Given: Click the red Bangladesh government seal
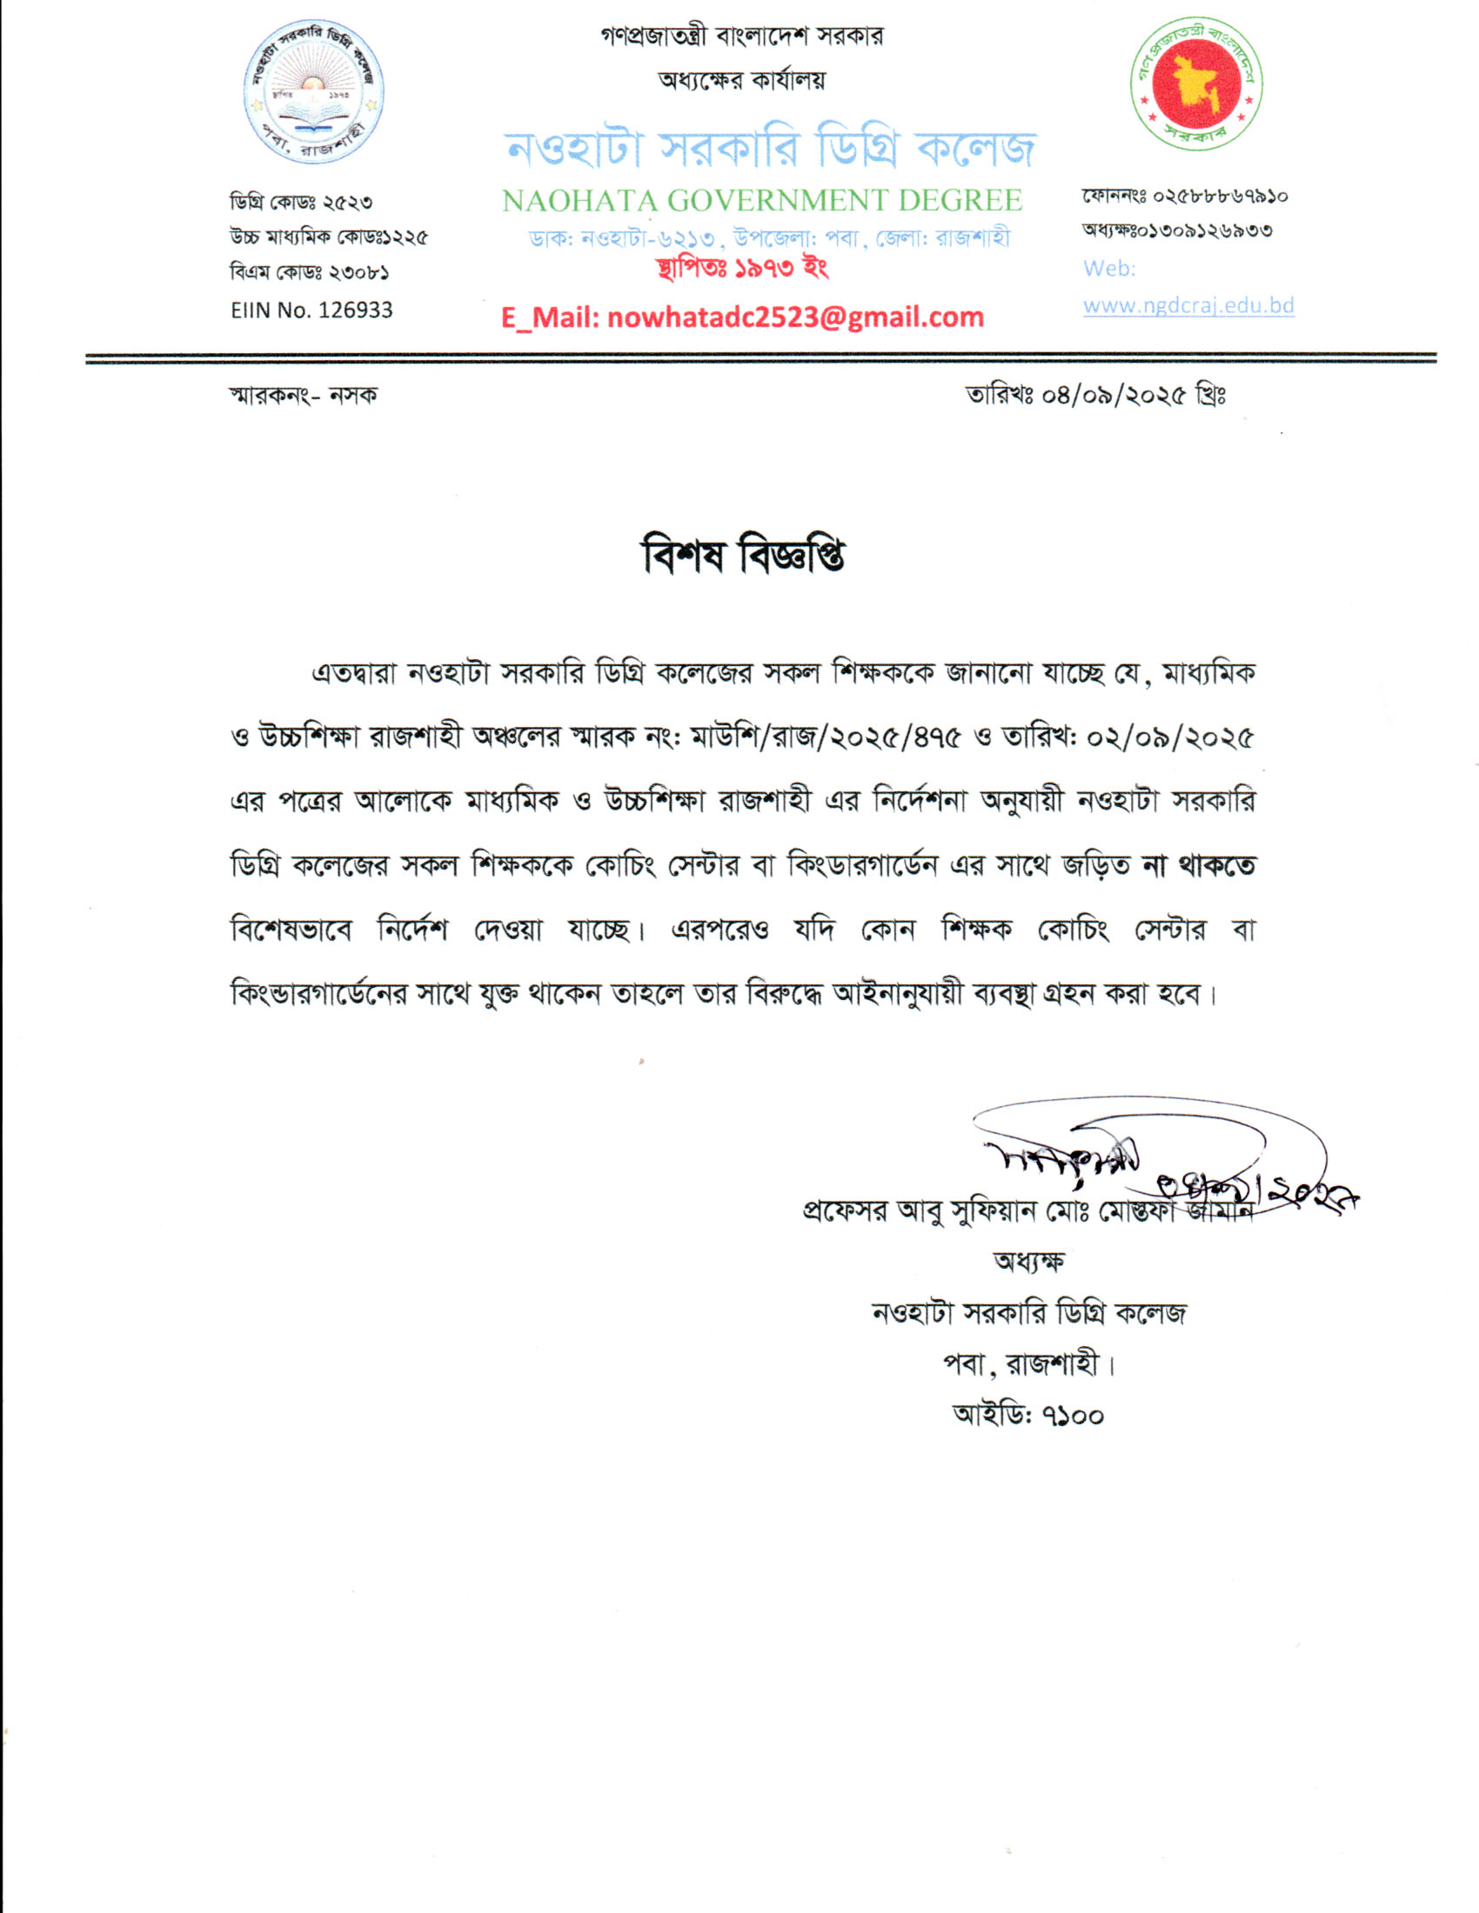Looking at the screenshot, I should pos(1196,83).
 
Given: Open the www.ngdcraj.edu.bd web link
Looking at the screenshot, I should pos(1188,306).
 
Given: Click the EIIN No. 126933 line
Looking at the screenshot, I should pos(311,310).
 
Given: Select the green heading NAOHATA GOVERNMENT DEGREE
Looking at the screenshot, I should pos(761,201).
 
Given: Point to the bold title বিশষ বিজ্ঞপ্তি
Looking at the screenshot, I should pos(743,556).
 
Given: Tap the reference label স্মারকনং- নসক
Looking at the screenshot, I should pos(303,396).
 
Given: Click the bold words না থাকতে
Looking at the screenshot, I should pos(1198,865).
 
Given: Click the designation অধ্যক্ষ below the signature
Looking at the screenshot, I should pos(1028,1263).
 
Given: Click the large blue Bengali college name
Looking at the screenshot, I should pos(770,148).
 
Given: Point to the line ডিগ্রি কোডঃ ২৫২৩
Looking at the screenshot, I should pos(300,203).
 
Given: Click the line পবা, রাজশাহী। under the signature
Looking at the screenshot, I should pos(1028,1363).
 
